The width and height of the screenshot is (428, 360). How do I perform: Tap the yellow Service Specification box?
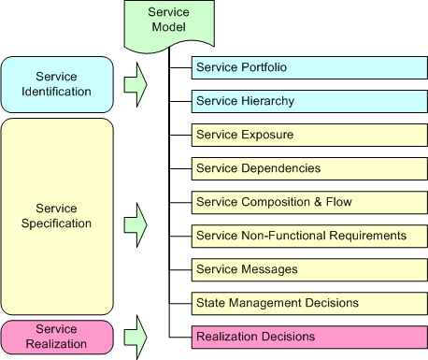point(57,216)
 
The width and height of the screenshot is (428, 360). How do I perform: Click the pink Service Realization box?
point(57,336)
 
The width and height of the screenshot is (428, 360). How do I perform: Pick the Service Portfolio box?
point(307,67)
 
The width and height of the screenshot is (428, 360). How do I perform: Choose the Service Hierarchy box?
point(307,101)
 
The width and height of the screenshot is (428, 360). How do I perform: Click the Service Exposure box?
point(307,135)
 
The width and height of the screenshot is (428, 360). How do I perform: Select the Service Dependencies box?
point(307,168)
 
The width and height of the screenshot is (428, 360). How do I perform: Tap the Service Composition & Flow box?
point(307,202)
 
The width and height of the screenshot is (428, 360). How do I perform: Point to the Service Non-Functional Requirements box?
point(307,236)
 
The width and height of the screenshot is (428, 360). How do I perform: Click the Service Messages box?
point(307,269)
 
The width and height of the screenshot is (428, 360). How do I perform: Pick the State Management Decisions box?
point(307,303)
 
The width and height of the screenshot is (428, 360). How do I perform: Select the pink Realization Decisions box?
point(307,337)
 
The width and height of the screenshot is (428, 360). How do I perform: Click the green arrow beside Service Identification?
point(136,83)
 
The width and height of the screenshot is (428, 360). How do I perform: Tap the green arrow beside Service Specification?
point(136,223)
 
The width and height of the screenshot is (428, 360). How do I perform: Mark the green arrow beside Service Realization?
point(136,336)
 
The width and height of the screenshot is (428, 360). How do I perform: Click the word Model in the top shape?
point(169,28)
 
